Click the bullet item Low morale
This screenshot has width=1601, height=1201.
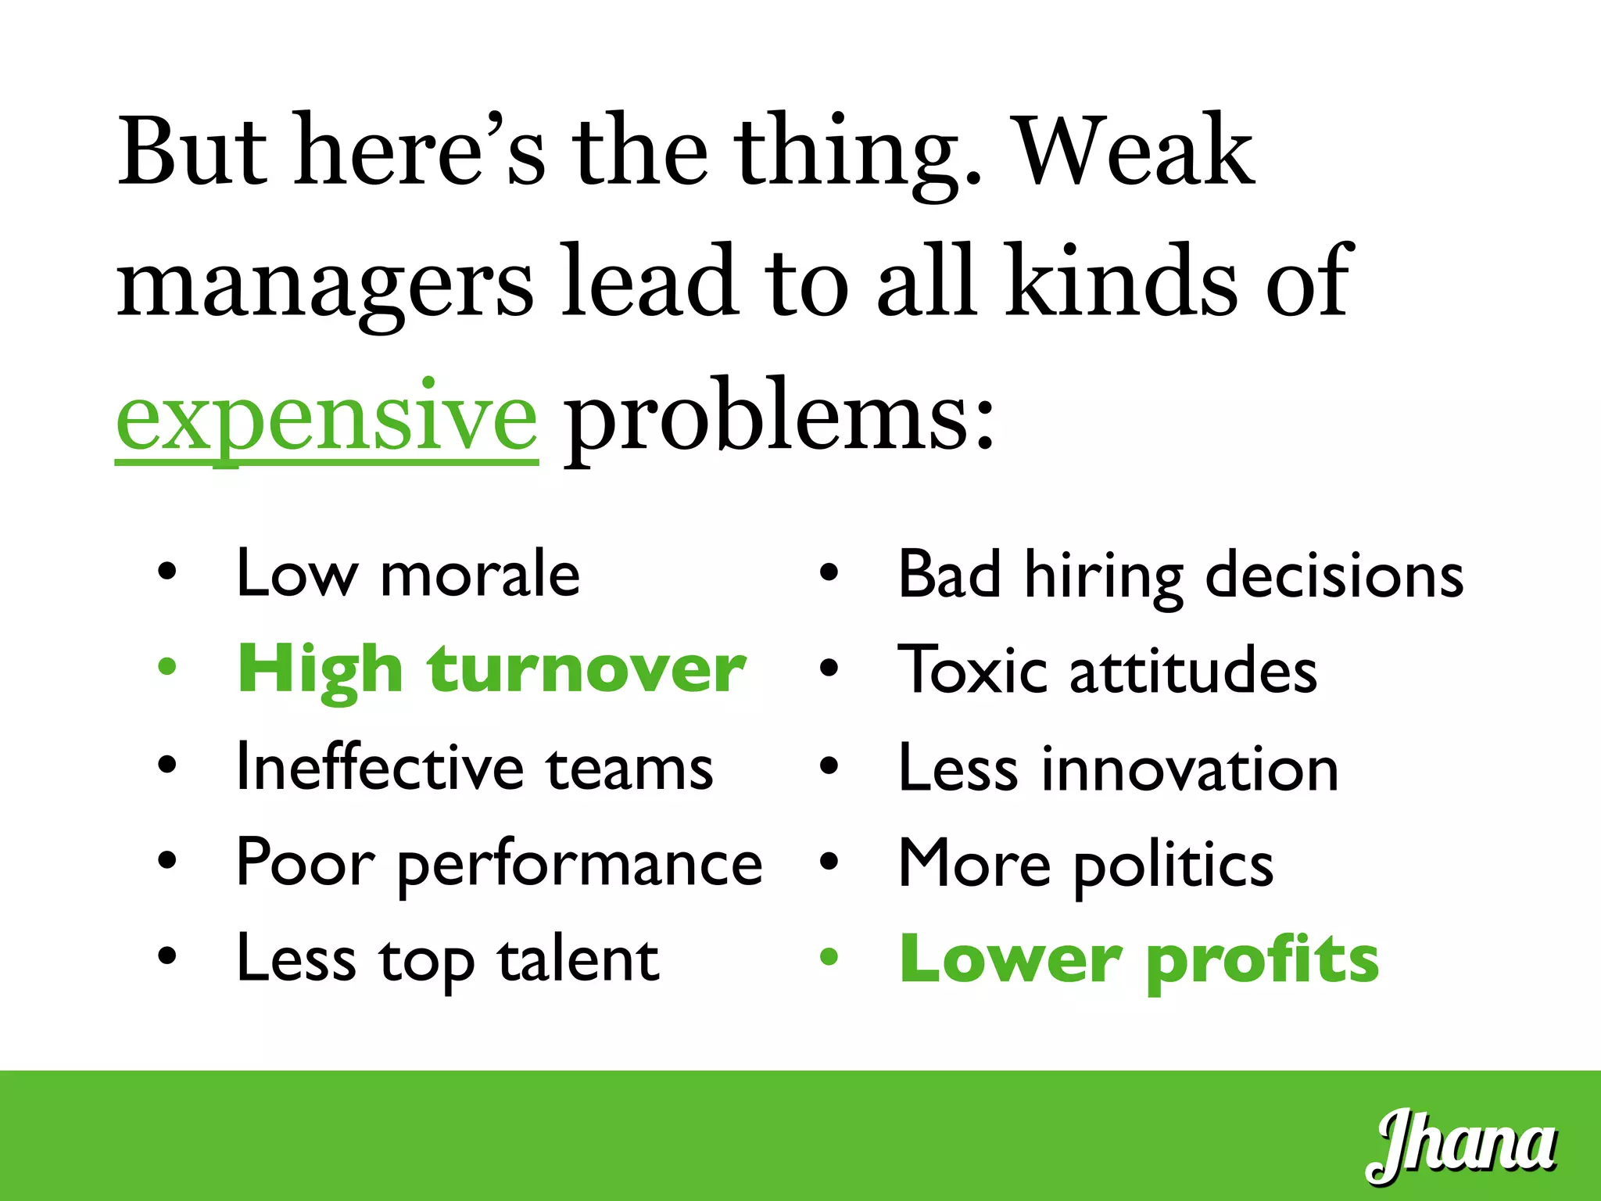[408, 574]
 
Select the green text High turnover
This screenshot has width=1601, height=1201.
[492, 670]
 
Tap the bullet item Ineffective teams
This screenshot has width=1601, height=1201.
[475, 767]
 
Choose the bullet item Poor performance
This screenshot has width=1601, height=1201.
[499, 863]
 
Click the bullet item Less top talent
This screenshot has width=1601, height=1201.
[447, 959]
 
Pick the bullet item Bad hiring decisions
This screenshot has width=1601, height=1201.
[1180, 575]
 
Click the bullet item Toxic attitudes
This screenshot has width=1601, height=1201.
[1108, 671]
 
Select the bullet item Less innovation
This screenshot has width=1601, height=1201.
[1119, 768]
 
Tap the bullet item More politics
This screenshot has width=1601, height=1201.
[1086, 864]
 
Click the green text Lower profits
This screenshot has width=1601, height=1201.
[1139, 959]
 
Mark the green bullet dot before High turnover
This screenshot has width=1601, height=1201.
[167, 667]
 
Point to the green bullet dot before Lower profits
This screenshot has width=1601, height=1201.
[829, 956]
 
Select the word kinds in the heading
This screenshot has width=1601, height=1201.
[1122, 282]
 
